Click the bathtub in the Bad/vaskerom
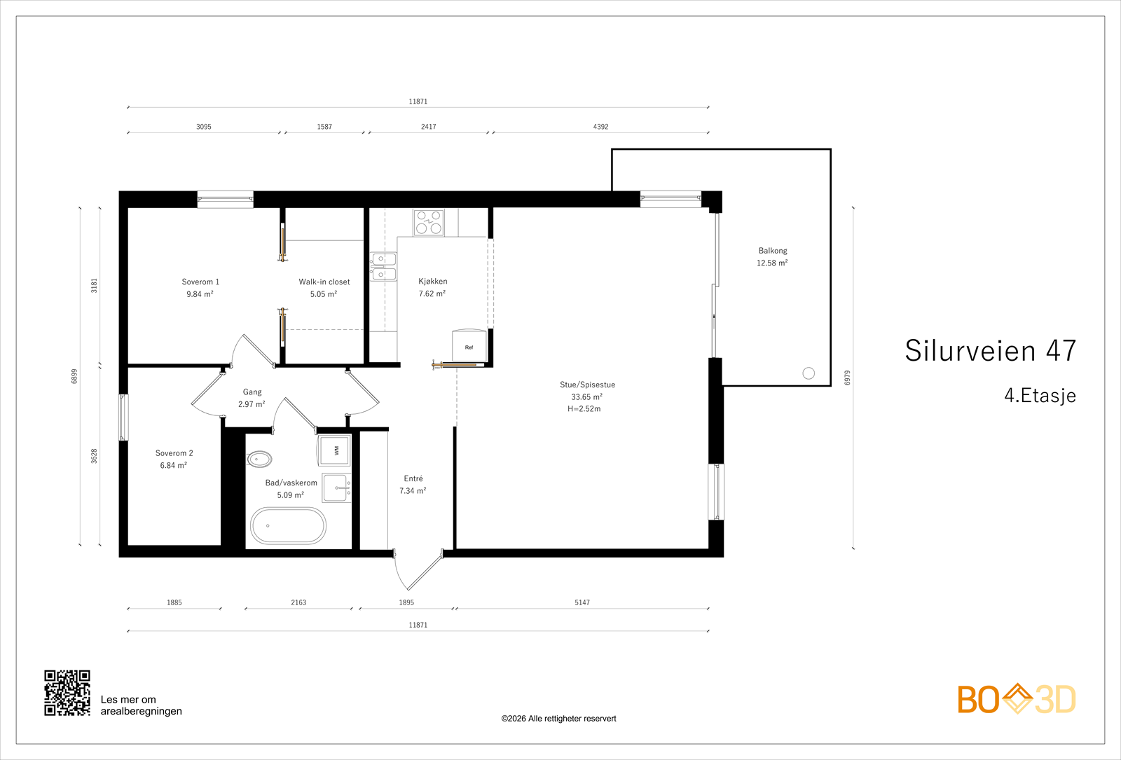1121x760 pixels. (x=288, y=526)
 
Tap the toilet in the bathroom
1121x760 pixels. (x=259, y=459)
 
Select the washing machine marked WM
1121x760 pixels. (x=335, y=450)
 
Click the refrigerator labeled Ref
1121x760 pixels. (x=469, y=345)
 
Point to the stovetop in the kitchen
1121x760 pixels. (x=429, y=222)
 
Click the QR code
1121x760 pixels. (x=67, y=693)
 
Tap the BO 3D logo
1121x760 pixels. (x=1017, y=699)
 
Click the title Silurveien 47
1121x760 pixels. (x=991, y=351)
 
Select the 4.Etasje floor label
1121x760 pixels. (x=1040, y=395)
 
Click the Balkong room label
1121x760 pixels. (x=773, y=251)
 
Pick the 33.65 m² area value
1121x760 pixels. (x=587, y=396)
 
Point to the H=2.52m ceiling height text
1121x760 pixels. (x=584, y=409)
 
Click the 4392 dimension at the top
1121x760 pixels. (x=600, y=127)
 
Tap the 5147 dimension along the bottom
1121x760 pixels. (x=582, y=602)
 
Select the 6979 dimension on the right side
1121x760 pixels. (x=847, y=378)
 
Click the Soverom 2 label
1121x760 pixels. (x=174, y=453)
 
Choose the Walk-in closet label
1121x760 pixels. (x=324, y=282)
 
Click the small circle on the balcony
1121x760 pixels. (x=809, y=373)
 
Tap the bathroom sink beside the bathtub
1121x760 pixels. (x=337, y=488)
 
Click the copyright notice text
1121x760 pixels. (x=558, y=719)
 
